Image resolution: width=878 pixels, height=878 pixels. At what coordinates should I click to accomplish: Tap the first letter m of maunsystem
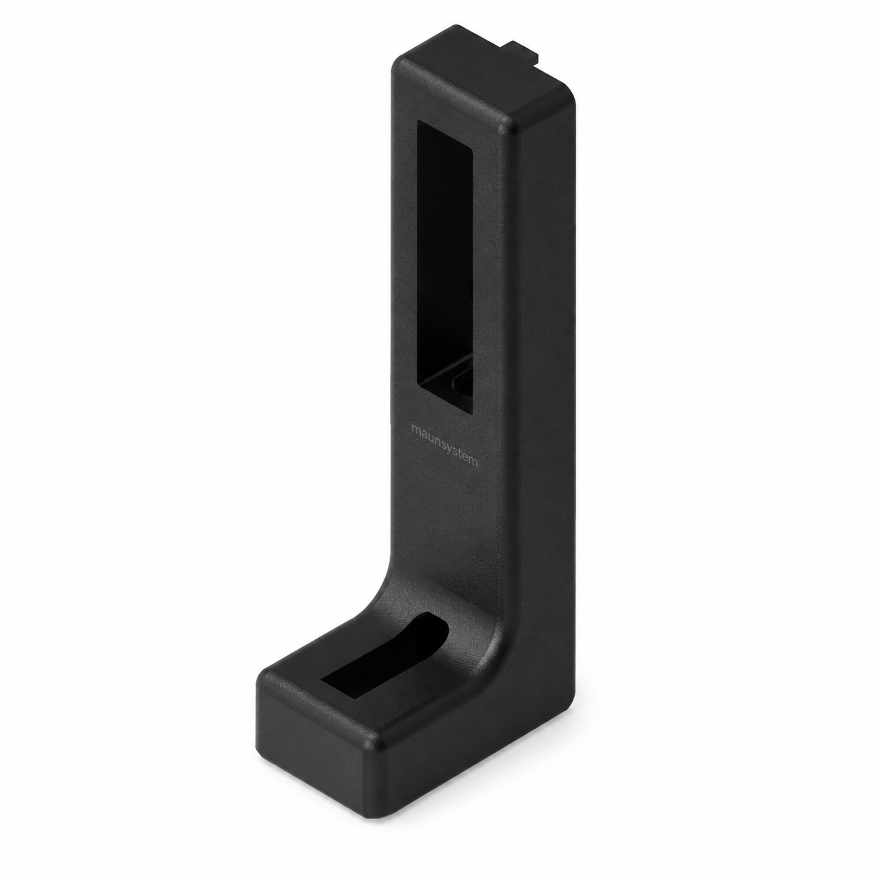415,429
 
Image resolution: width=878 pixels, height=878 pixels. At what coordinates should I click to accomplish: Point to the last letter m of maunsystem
473,461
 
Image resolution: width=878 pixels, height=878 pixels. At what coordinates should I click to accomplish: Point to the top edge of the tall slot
445,135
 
